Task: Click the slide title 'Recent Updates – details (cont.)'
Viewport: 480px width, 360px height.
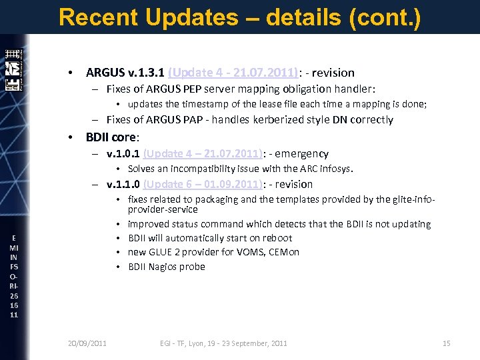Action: (239, 17)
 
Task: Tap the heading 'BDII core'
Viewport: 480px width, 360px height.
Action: (111, 137)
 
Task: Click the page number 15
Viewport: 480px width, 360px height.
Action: (446, 343)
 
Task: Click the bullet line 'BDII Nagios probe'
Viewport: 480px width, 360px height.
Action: (166, 267)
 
